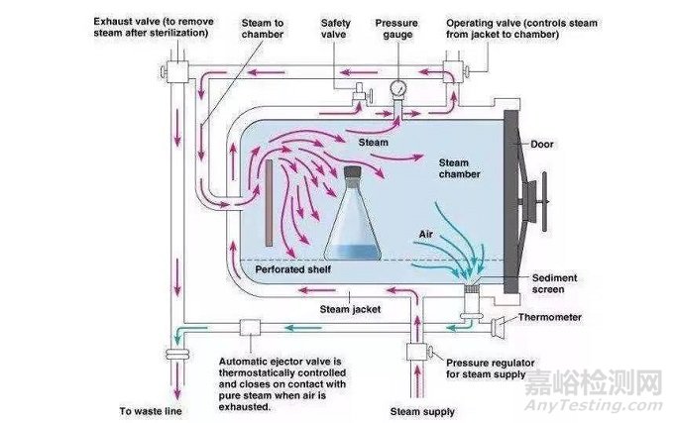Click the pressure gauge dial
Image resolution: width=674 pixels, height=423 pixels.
point(398,87)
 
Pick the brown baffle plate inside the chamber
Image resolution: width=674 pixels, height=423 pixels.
point(270,204)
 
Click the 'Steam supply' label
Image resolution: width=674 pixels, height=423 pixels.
point(422,411)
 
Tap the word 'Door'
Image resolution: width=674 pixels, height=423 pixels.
point(572,144)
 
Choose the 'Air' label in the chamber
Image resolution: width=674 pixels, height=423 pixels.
point(427,234)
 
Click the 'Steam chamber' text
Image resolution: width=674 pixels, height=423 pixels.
point(459,168)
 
